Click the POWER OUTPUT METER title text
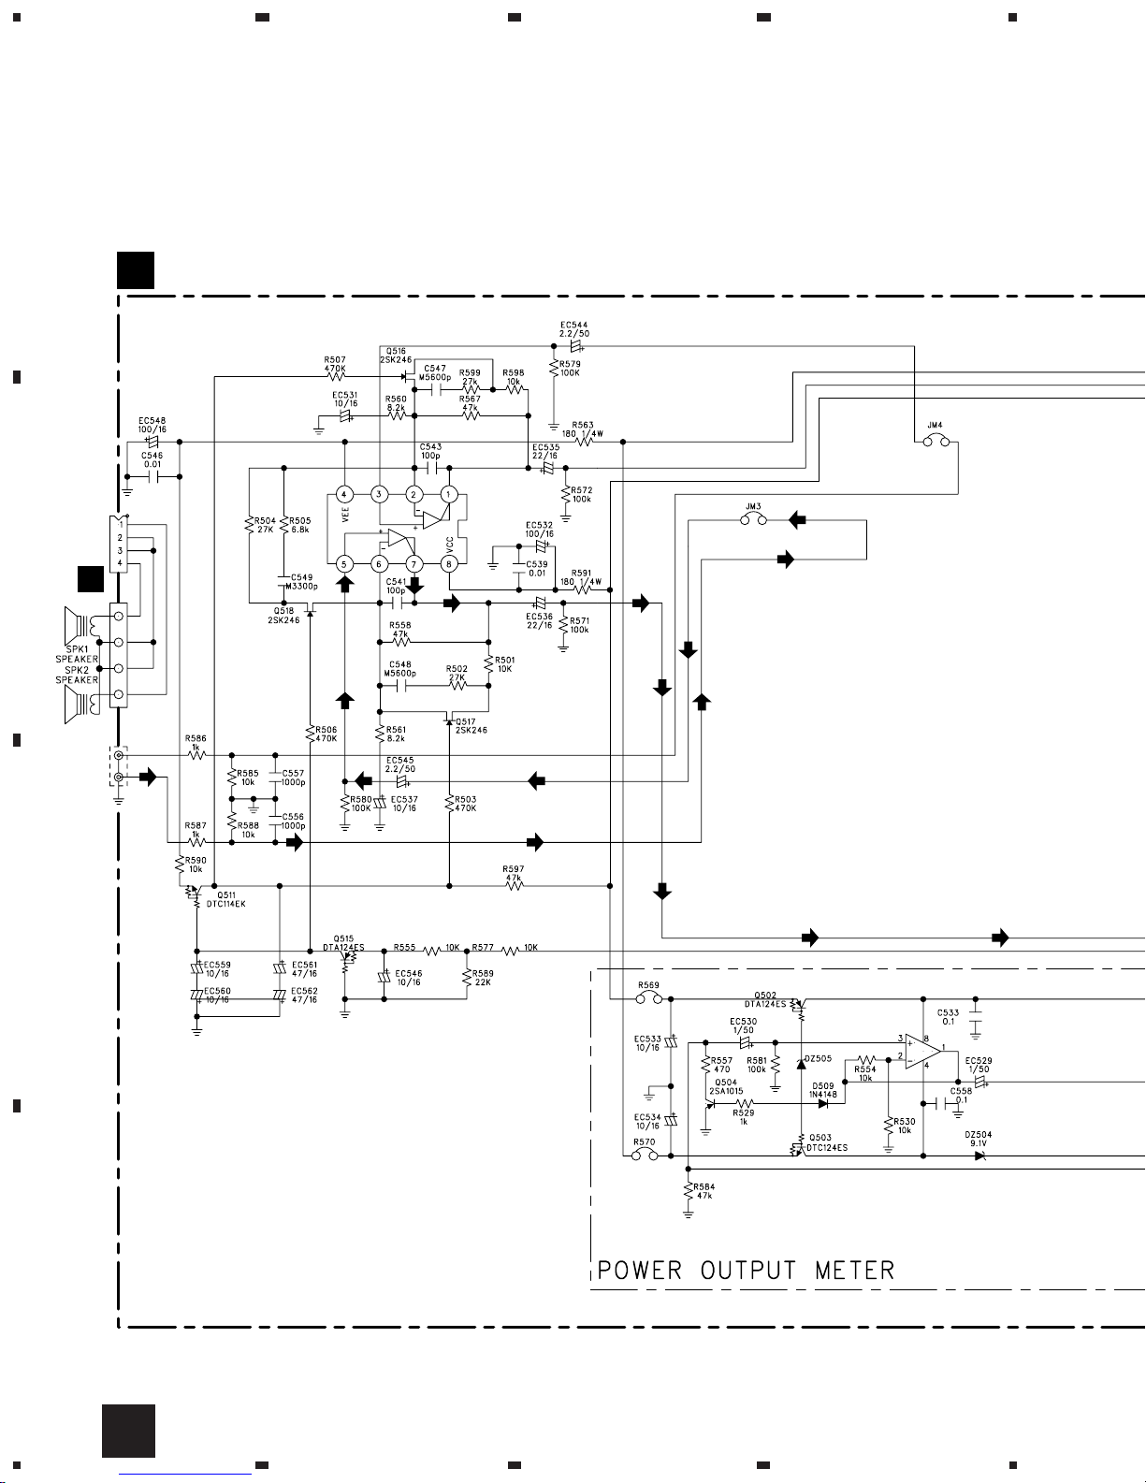[746, 1270]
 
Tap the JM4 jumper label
[934, 425]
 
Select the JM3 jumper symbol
[753, 519]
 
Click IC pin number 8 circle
[449, 563]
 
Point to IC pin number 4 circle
[344, 494]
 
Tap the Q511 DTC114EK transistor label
[225, 899]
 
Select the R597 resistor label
[513, 871]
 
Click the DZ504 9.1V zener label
[979, 1139]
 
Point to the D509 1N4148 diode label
[823, 1090]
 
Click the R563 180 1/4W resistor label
[583, 429]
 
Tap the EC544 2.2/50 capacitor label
[574, 329]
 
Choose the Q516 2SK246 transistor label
[396, 355]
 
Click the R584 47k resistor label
[704, 1191]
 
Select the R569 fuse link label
[648, 985]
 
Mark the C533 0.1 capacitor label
[948, 1016]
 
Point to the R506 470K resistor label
[326, 734]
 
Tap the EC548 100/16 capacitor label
[152, 425]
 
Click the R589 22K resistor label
[483, 978]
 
